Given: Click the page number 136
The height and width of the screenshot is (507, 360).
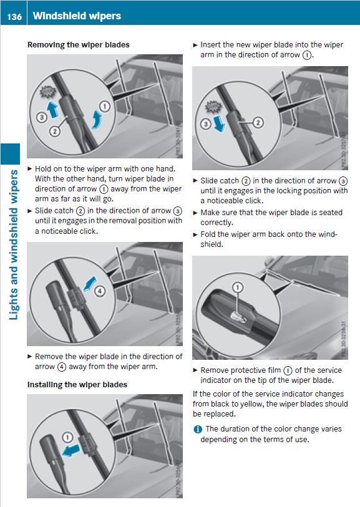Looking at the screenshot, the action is tap(14, 16).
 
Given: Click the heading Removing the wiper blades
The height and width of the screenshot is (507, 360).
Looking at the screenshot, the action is tap(78, 45).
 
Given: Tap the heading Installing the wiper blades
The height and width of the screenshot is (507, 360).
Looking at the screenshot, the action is tap(77, 384).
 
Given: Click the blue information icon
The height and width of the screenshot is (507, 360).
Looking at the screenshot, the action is tap(198, 430).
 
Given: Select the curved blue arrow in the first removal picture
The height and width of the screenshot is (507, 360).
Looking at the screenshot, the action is tap(96, 120).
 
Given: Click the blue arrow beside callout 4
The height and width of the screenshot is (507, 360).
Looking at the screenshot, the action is tap(90, 284).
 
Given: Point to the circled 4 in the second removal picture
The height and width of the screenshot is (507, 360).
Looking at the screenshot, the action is tap(100, 291).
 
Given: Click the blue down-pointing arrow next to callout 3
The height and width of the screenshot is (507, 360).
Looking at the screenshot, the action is tap(220, 124).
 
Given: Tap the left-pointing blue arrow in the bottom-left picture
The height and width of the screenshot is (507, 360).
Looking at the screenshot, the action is tap(71, 450).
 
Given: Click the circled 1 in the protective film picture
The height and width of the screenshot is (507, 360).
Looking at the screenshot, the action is tap(238, 287).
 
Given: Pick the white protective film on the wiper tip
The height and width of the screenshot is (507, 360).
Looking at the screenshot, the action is tap(236, 316).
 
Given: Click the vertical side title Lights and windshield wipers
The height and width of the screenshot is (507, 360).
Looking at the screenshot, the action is tap(13, 245).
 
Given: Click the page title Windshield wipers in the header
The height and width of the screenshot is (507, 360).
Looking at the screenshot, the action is tap(77, 16).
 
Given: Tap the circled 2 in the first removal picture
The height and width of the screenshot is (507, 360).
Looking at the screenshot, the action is tap(54, 132).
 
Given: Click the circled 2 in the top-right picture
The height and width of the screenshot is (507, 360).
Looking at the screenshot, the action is tap(258, 123).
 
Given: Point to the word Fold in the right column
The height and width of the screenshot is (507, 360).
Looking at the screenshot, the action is tap(208, 234).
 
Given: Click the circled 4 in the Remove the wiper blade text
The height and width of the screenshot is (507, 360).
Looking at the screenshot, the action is tap(62, 367).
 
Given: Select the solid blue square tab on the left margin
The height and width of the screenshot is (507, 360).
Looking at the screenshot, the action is tap(10, 154).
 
